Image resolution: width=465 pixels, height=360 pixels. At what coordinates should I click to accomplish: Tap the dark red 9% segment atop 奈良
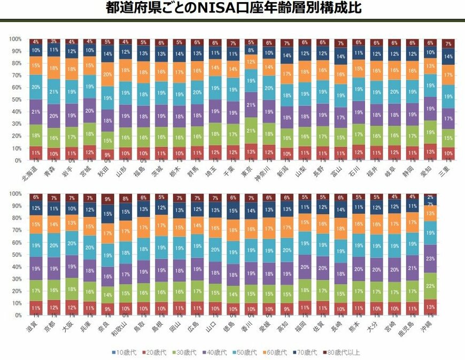coord(108,199)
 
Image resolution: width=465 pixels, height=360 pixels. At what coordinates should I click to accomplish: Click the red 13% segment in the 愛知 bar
coord(431,151)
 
